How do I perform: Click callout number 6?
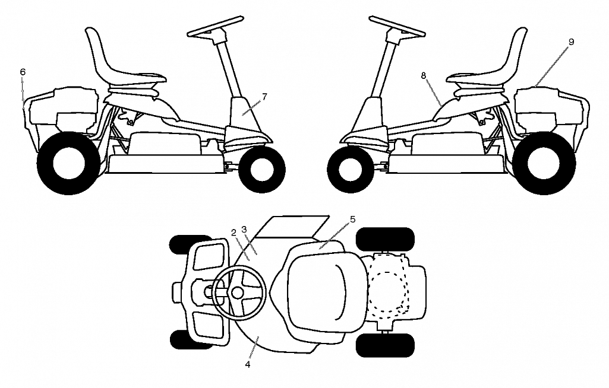pos(23,72)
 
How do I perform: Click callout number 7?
pos(264,97)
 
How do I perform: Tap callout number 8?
pos(424,76)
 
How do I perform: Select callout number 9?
pos(571,42)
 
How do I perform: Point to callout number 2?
pos(234,233)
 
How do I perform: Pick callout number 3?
pos(244,230)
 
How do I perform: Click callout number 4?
pos(247,365)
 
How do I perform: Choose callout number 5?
pos(353,220)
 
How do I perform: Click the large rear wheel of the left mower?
pos(69,163)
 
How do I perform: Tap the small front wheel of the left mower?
pos(262,170)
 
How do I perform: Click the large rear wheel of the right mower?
pos(544,163)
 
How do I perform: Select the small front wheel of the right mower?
pos(351,170)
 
